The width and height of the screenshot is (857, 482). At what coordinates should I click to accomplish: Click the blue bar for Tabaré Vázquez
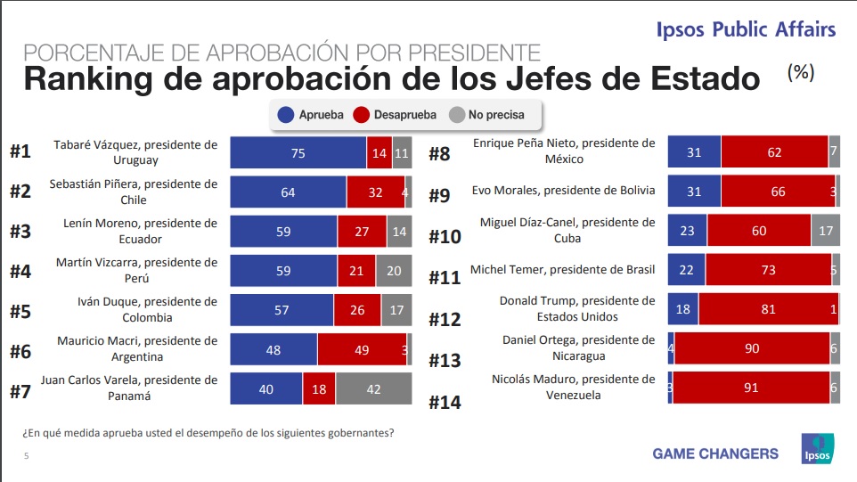pos(298,153)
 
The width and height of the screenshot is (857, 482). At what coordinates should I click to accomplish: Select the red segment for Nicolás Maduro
pos(752,388)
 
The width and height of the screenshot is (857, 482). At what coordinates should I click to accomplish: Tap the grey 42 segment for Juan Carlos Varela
pos(373,388)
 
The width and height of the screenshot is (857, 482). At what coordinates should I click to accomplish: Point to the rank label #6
pos(21,352)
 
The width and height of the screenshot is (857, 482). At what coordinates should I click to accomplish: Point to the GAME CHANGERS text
pos(715,453)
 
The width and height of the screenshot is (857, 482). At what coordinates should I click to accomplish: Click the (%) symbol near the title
pos(801,74)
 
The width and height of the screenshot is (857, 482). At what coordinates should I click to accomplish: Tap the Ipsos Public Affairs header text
pos(746,29)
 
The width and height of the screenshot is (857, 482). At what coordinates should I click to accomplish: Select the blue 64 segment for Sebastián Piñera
pos(288,192)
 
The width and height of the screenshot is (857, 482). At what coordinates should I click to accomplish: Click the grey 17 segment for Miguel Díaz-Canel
pos(825,230)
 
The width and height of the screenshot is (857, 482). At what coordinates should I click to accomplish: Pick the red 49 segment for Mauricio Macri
pos(361,349)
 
